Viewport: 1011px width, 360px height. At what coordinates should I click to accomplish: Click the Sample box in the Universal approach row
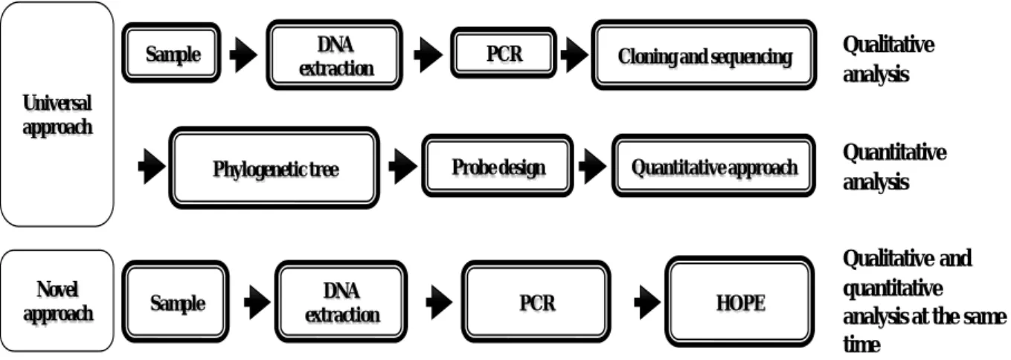pyautogui.click(x=172, y=53)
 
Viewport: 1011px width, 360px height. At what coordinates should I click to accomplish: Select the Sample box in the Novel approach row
pyautogui.click(x=176, y=301)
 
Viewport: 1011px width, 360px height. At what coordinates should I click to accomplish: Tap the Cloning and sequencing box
pyautogui.click(x=704, y=54)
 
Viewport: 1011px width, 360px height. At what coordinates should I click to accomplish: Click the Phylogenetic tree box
pyautogui.click(x=275, y=168)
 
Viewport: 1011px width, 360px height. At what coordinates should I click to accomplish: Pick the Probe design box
pyautogui.click(x=498, y=166)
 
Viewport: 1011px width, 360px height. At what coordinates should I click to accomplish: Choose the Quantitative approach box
pyautogui.click(x=713, y=166)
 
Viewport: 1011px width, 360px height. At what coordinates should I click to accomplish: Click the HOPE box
pyautogui.click(x=739, y=301)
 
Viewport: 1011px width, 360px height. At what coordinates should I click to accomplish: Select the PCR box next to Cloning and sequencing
pyautogui.click(x=504, y=53)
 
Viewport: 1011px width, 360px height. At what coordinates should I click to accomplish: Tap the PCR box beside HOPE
pyautogui.click(x=536, y=301)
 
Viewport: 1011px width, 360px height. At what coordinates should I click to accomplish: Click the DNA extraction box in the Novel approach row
pyautogui.click(x=341, y=301)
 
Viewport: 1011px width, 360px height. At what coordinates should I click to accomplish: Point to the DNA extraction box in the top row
pyautogui.click(x=335, y=54)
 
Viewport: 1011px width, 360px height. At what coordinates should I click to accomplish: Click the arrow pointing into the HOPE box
pyautogui.click(x=647, y=302)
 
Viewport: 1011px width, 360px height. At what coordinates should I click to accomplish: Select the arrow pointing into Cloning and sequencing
pyautogui.click(x=574, y=54)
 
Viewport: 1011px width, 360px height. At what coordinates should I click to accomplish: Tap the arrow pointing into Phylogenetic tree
pyautogui.click(x=152, y=167)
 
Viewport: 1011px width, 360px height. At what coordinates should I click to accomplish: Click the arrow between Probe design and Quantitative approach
pyautogui.click(x=592, y=167)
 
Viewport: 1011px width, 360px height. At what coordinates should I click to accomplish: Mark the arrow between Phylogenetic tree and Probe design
pyautogui.click(x=402, y=167)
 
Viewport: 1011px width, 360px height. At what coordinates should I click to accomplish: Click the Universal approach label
pyautogui.click(x=57, y=115)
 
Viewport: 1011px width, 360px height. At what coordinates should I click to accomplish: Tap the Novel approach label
pyautogui.click(x=58, y=301)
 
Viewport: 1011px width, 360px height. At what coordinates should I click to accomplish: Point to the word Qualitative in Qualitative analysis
pyautogui.click(x=888, y=44)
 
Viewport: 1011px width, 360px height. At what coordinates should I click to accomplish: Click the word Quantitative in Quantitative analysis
pyautogui.click(x=894, y=152)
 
